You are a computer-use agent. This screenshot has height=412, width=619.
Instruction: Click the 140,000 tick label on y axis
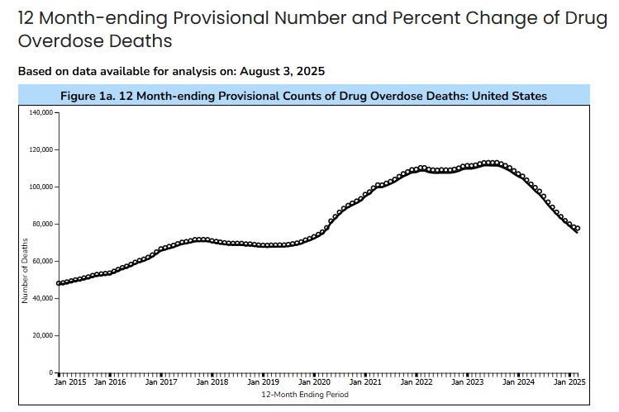pos(42,112)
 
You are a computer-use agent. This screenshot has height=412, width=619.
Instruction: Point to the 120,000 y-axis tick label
pos(42,149)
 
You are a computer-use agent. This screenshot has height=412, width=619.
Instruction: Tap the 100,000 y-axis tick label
pos(42,187)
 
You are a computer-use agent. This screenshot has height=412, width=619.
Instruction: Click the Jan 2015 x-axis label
pos(70,382)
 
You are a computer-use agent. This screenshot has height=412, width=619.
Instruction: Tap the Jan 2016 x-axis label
pos(111,382)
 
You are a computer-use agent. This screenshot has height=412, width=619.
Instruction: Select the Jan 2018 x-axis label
pos(213,382)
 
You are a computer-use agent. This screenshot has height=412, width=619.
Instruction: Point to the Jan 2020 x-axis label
pos(315,382)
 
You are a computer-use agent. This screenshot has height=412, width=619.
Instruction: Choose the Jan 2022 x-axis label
pos(416,382)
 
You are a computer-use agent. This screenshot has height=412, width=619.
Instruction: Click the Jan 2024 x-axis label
pos(517,382)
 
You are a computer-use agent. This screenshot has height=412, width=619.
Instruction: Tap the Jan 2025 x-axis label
pos(569,382)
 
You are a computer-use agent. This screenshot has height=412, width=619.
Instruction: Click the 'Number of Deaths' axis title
pos(25,269)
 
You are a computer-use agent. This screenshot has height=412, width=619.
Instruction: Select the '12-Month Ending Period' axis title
pos(305,395)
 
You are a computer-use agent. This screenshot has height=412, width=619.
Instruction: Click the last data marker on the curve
pos(577,229)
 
